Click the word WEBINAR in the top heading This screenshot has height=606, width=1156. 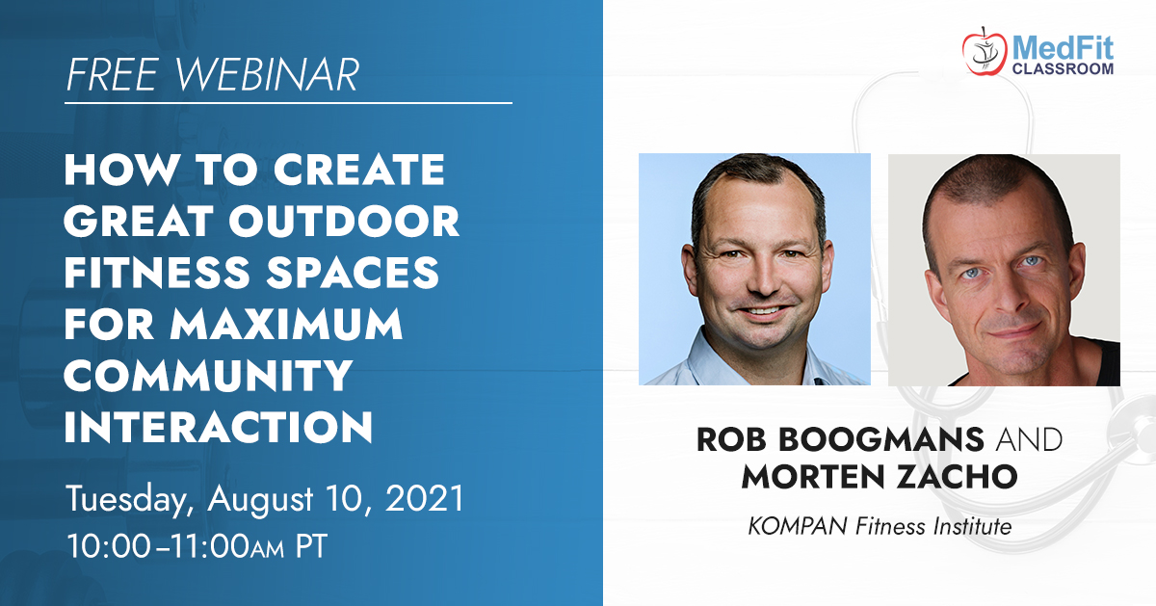[x=267, y=75]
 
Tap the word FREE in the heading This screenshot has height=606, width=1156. [x=112, y=75]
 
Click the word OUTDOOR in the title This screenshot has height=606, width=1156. [x=344, y=221]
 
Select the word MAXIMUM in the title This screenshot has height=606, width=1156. [x=286, y=324]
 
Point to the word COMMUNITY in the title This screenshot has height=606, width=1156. [x=208, y=376]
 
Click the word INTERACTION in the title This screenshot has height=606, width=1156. [x=219, y=427]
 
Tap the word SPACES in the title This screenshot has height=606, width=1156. [x=353, y=272]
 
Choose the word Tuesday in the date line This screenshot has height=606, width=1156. [x=130, y=500]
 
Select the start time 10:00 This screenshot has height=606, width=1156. [x=108, y=546]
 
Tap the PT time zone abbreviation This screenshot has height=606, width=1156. [x=311, y=546]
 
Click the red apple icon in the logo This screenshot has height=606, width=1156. [x=984, y=53]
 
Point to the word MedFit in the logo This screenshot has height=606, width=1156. [x=1063, y=48]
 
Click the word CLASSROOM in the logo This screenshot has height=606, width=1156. [x=1063, y=68]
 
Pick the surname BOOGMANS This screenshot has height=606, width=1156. [x=881, y=439]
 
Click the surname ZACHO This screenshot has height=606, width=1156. [x=957, y=476]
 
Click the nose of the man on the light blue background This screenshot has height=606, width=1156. [x=762, y=278]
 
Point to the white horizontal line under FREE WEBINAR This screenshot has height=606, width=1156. [x=288, y=103]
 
